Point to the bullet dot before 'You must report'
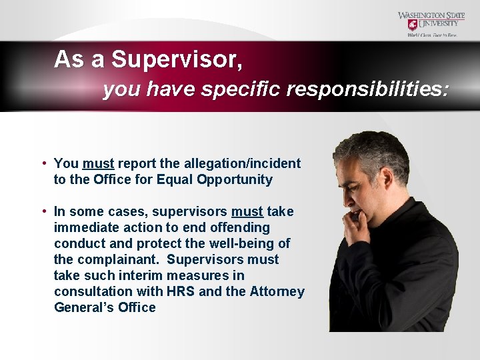[x=43, y=163]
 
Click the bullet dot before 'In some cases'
[x=43, y=211]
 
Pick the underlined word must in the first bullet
[x=99, y=163]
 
